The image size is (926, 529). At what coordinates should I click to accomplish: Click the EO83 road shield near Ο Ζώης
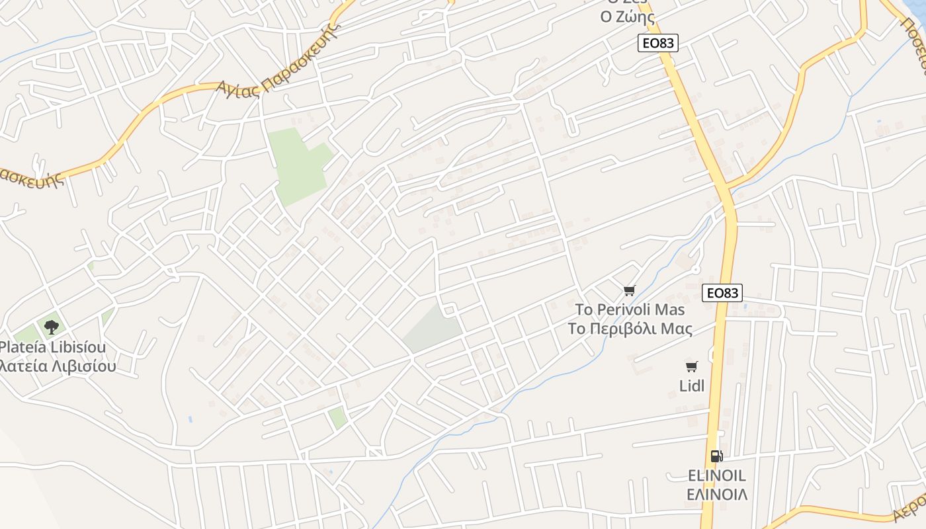tap(657, 44)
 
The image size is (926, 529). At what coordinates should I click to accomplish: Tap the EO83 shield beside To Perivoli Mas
tap(722, 293)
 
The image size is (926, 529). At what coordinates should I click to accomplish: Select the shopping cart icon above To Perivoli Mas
tap(630, 290)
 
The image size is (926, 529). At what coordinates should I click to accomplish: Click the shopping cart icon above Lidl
tap(691, 366)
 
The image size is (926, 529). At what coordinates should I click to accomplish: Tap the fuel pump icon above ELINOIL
tap(716, 456)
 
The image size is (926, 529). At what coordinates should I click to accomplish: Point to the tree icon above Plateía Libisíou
tap(51, 326)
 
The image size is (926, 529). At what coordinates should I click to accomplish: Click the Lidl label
tap(692, 386)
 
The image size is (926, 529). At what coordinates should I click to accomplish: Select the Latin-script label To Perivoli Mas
tap(630, 309)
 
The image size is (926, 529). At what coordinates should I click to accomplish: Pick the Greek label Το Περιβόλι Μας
tap(630, 329)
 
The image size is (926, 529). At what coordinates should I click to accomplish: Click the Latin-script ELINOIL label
tap(717, 475)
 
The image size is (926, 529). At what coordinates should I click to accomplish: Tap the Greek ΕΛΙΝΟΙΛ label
tap(717, 495)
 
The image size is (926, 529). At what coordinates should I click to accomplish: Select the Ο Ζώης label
tap(627, 17)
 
